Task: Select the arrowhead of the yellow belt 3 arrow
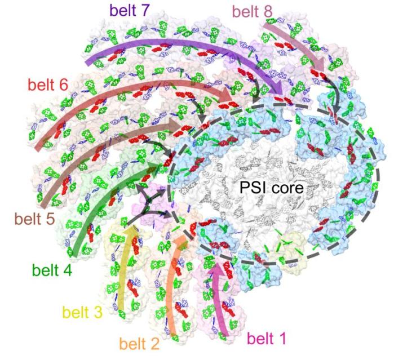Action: pos(132,231)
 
